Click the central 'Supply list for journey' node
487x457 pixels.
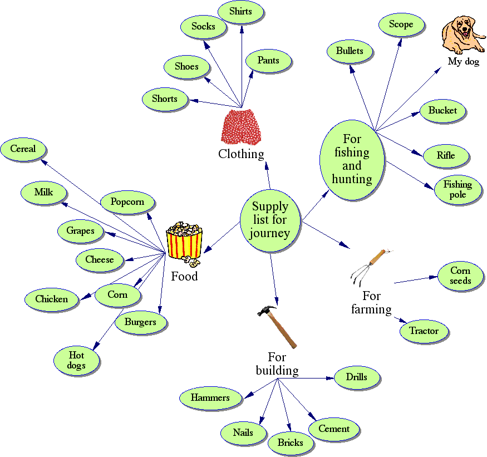tap(270, 220)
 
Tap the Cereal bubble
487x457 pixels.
tap(23, 149)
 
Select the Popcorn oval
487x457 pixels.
tap(127, 202)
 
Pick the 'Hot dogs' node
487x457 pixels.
tap(77, 360)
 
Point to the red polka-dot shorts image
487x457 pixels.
tap(241, 127)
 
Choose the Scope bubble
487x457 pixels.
tap(401, 24)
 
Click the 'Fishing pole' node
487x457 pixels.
tap(458, 190)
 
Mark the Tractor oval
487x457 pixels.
tap(424, 331)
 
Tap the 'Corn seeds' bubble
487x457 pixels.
tap(460, 276)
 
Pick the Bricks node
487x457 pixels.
tap(290, 443)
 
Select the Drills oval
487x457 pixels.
tap(357, 377)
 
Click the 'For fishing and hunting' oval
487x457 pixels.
tap(352, 159)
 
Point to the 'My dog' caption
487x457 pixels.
tap(463, 62)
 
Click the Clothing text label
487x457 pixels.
tap(241, 154)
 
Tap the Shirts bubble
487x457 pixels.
tap(240, 12)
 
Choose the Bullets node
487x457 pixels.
tap(350, 51)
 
